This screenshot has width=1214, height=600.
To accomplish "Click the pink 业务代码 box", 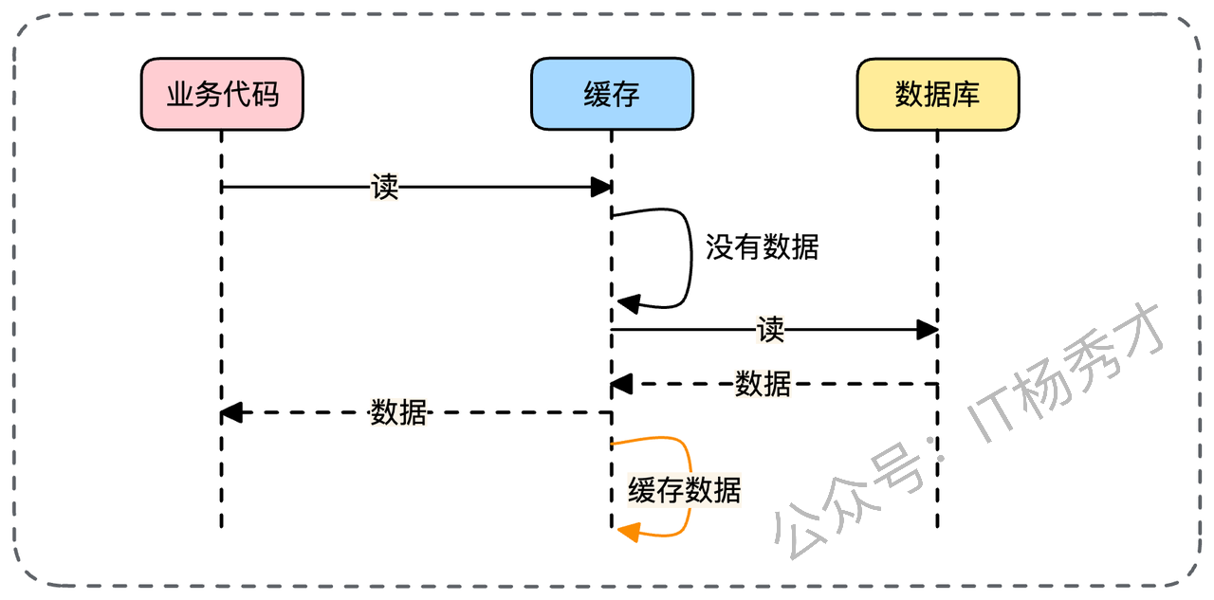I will pos(222,94).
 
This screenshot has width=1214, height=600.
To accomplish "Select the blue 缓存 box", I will pos(612,94).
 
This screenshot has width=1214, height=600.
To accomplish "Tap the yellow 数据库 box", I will pos(937,94).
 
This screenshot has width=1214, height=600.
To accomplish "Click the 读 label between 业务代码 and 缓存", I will pos(385,188).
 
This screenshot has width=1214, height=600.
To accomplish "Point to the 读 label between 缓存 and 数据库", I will pos(771,330).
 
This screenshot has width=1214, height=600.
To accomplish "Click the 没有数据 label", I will pos(762,247).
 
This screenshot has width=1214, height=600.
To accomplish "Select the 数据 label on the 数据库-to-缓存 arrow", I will pos(763,384).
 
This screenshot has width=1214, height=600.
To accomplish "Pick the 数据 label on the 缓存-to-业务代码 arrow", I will pos(398,412).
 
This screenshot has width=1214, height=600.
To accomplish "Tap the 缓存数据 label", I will pos(684,490).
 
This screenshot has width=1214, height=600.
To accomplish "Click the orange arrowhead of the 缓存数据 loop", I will pos(629,534).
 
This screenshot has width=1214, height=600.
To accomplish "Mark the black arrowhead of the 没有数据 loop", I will pos(629,303).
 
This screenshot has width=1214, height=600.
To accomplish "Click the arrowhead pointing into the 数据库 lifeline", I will pos(928,330).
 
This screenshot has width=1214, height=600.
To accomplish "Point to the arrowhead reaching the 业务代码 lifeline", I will pos(232,412).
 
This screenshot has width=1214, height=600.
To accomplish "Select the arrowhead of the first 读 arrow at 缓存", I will pos(601,188).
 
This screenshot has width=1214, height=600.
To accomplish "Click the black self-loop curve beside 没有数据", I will pos(690,256).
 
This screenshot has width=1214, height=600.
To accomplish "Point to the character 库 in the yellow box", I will pos(966,94).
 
